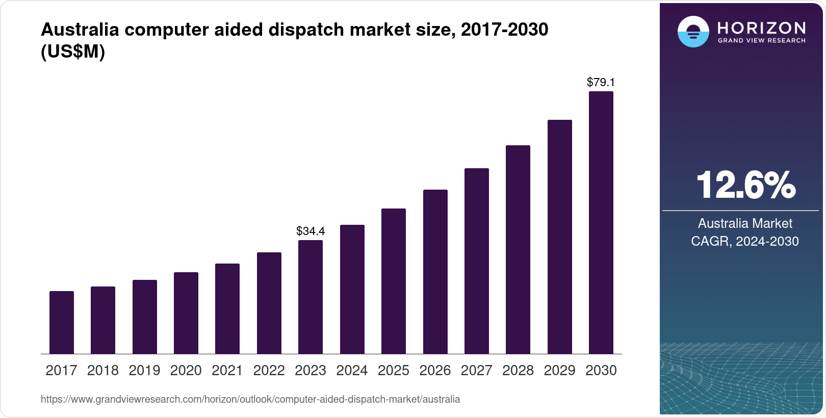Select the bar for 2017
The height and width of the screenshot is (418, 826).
(x=62, y=322)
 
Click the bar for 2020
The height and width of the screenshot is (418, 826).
(x=186, y=313)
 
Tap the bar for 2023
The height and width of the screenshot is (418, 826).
(x=311, y=297)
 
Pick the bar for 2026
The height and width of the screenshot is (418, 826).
(x=435, y=272)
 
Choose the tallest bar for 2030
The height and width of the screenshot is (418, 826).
(x=601, y=222)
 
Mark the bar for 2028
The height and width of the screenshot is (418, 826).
(x=518, y=249)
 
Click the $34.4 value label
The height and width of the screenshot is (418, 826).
(x=311, y=231)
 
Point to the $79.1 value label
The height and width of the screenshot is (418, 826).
(x=601, y=82)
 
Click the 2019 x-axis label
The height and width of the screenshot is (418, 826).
(x=144, y=371)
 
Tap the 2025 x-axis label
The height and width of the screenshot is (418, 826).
(x=394, y=371)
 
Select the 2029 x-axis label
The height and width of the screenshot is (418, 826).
(x=559, y=371)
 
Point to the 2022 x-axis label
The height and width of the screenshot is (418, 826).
(x=269, y=371)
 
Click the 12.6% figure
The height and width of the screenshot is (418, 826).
(x=745, y=185)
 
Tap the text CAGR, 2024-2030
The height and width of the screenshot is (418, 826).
(x=745, y=241)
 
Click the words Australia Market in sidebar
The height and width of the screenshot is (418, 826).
(x=745, y=223)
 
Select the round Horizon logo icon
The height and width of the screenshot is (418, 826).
(x=693, y=32)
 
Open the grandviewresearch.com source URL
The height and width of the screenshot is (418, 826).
(x=250, y=400)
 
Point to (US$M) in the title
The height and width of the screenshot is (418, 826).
(x=73, y=52)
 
